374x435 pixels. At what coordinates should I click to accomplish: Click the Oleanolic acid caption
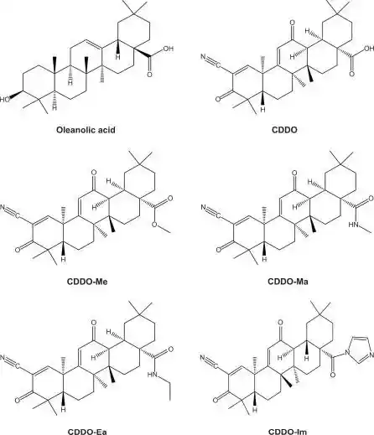[x=86, y=130]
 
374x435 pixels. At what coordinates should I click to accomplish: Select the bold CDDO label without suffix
[x=284, y=130]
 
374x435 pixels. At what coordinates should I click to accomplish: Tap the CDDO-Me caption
[x=87, y=281]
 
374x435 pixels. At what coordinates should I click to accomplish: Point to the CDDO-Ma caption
[x=288, y=281]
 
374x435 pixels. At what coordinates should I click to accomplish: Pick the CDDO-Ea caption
[x=87, y=432]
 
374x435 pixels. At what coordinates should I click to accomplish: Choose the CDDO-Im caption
[x=288, y=432]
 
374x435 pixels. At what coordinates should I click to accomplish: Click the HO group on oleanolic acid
[x=4, y=99]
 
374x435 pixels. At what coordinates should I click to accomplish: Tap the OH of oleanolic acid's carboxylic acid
[x=168, y=49]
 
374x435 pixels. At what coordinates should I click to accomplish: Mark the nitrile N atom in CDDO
[x=203, y=57]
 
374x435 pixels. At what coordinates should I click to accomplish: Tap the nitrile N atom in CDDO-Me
[x=3, y=208]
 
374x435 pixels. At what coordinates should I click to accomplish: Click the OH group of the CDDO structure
[x=369, y=49]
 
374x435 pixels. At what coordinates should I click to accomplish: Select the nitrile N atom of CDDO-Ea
[x=3, y=357]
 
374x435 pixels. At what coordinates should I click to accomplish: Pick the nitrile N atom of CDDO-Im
[x=203, y=358]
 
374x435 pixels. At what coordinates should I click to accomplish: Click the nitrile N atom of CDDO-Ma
[x=203, y=208]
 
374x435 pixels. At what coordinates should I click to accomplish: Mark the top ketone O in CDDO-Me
[x=94, y=173]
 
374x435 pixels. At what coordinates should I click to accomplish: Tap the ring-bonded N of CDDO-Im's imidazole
[x=348, y=353]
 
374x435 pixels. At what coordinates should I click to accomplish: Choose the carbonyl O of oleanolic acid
[x=149, y=75]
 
